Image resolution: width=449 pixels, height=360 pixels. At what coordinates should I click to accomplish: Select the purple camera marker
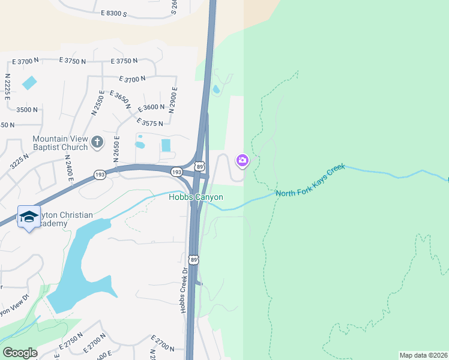pos(243,160)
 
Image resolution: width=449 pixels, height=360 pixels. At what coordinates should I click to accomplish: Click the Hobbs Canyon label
pos(196,197)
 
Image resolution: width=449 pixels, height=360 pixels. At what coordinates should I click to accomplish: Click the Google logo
pos(20,353)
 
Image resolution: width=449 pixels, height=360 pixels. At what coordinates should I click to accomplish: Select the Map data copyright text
pos(423,355)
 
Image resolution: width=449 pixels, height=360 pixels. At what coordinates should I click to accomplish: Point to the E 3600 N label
pos(151,107)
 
